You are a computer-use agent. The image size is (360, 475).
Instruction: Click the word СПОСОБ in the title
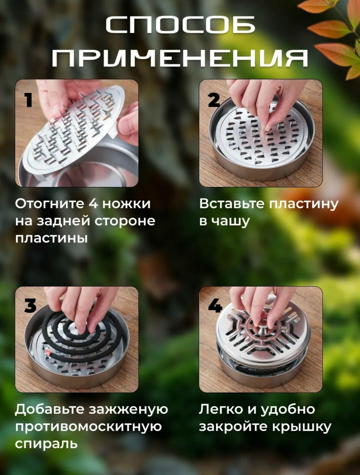click(180, 25)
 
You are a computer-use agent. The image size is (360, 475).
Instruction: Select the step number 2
click(214, 100)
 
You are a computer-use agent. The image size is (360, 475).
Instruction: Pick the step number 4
click(215, 305)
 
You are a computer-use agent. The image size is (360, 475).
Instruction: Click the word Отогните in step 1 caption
click(50, 204)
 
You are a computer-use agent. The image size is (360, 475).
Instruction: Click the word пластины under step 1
click(51, 239)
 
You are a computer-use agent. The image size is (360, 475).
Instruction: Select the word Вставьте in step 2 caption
click(232, 204)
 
